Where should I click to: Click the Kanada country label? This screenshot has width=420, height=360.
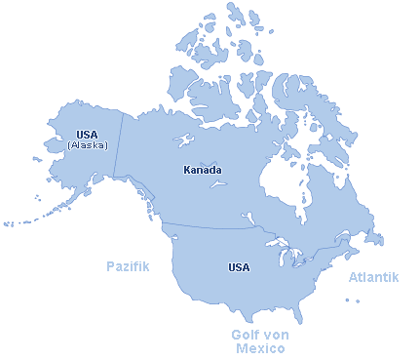coord(203,170)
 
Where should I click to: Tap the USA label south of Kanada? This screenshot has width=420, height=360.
coord(239,267)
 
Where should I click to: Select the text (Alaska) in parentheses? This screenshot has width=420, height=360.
coord(87,145)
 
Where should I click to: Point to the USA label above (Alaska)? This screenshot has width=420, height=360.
coord(87,135)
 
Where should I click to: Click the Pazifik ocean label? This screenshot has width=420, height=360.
coord(128,265)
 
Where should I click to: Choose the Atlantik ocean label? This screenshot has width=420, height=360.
coord(374,278)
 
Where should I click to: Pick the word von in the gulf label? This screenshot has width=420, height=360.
coord(276,335)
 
